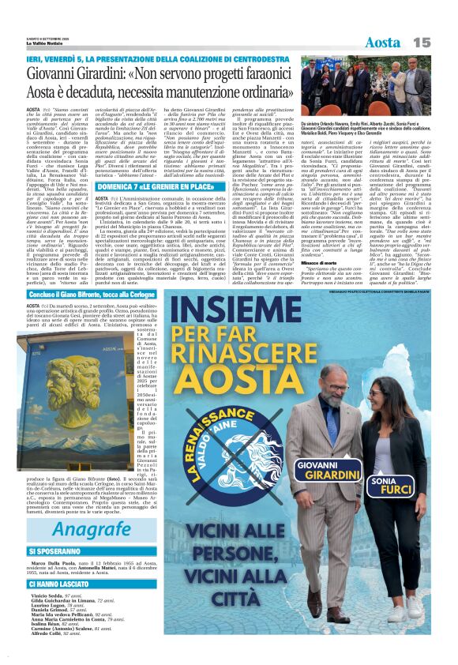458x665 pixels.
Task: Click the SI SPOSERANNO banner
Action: point(56,551)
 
